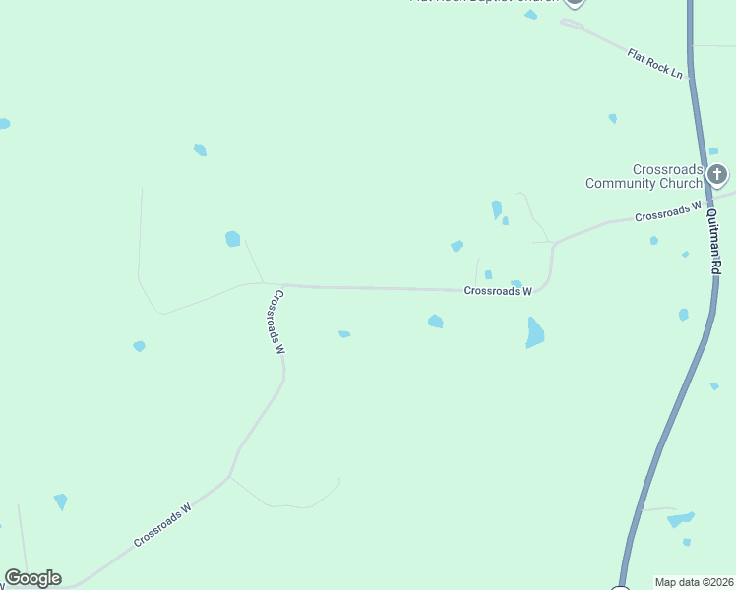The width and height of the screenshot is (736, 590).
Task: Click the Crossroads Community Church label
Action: [x=644, y=176]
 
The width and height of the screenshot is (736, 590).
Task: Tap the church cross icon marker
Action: [x=717, y=176]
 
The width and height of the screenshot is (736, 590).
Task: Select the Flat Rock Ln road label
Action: [x=654, y=62]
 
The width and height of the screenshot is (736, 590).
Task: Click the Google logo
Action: [x=32, y=578]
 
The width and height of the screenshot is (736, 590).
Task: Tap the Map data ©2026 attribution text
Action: [x=694, y=582]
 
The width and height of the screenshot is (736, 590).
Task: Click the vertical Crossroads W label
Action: [x=278, y=322]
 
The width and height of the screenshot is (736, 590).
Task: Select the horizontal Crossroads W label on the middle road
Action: [x=497, y=291]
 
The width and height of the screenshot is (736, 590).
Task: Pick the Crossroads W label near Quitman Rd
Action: [x=667, y=211]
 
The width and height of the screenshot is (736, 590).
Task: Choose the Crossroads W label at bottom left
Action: [x=161, y=526]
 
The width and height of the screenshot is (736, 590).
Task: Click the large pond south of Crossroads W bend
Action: [x=534, y=332]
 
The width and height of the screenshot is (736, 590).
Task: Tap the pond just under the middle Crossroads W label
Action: [x=435, y=321]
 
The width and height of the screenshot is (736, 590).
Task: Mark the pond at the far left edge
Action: [x=4, y=124]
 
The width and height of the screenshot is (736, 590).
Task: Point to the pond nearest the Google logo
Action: [x=61, y=501]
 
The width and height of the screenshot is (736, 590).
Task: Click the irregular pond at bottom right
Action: [x=681, y=518]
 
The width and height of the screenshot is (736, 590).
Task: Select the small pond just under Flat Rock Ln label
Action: [x=612, y=118]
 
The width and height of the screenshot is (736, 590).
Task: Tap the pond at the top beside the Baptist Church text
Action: [x=531, y=15]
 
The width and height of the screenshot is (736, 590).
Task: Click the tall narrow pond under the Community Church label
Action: [x=497, y=209]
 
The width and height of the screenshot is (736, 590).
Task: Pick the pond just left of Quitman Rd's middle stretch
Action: [x=683, y=315]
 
